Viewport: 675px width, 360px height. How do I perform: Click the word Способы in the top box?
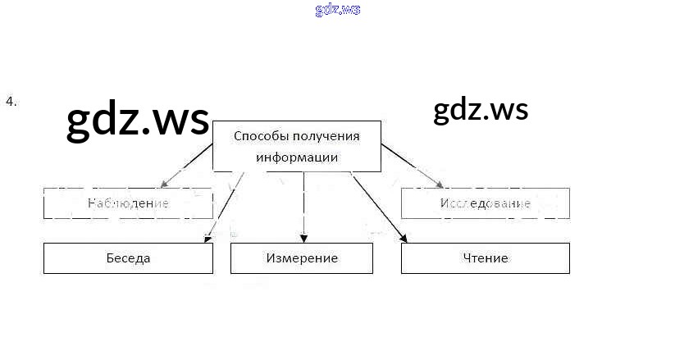click(257, 136)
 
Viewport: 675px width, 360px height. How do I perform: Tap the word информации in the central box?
click(297, 157)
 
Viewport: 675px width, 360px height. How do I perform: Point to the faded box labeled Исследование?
click(485, 203)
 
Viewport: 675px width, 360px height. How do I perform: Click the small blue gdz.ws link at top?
click(337, 10)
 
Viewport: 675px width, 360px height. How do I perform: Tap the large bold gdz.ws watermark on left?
click(137, 120)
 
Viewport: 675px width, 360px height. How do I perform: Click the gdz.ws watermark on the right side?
click(481, 109)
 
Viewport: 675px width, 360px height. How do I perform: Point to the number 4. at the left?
click(11, 102)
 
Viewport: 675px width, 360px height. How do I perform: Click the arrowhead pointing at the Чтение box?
click(404, 238)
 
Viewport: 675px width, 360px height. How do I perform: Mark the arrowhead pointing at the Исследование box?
click(439, 184)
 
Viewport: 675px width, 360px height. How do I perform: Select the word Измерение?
click(302, 258)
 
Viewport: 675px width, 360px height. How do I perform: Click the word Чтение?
click(485, 258)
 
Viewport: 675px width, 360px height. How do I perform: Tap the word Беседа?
click(128, 258)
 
